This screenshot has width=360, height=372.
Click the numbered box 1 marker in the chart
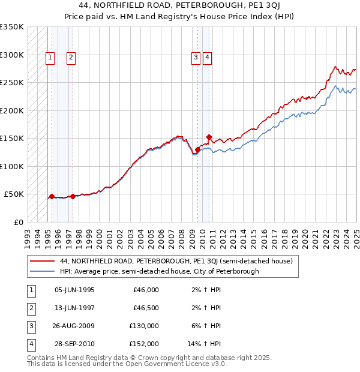point(49,58)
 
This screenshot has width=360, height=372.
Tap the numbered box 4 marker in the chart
point(207,58)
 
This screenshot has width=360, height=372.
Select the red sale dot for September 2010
point(209,137)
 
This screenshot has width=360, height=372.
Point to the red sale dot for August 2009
point(197,149)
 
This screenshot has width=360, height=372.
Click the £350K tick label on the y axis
point(12,27)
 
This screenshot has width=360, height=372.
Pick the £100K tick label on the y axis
point(12,166)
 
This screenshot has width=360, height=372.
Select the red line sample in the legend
point(42,262)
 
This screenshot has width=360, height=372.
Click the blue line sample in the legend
point(42,271)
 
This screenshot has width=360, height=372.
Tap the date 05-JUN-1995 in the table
point(74,290)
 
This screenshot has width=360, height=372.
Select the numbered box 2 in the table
point(31,308)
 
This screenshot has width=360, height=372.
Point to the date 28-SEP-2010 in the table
point(74,344)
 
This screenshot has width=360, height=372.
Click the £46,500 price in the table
point(146,308)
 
